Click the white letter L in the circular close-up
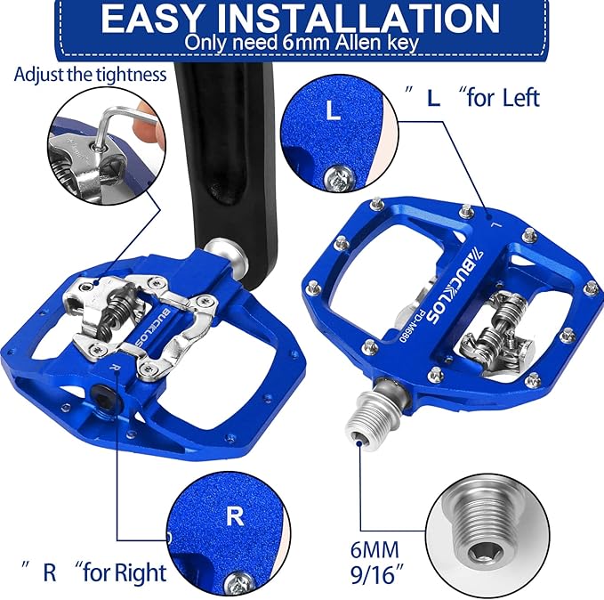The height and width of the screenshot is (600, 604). coord(334,109)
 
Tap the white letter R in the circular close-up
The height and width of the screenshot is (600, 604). coord(235,516)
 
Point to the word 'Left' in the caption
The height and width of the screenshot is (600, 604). coord(521,98)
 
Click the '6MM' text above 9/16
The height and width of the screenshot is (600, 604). coord(374,549)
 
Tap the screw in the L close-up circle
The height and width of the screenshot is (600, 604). coord(338,177)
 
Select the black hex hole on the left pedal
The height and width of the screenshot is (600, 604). coord(105,396)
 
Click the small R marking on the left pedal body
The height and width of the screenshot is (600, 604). coord(113,367)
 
